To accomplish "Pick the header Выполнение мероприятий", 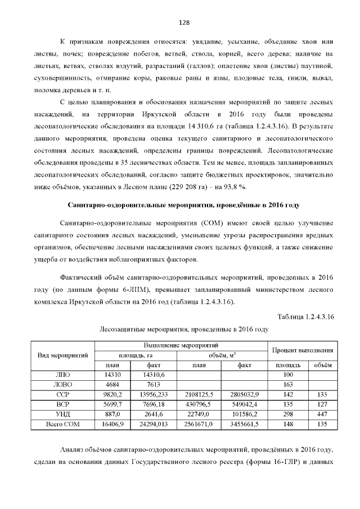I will (181, 345).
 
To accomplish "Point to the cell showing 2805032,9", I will (244, 394).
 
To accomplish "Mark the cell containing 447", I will (321, 415).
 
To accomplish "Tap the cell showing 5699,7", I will (114, 404).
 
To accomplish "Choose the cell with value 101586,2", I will (244, 415).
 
